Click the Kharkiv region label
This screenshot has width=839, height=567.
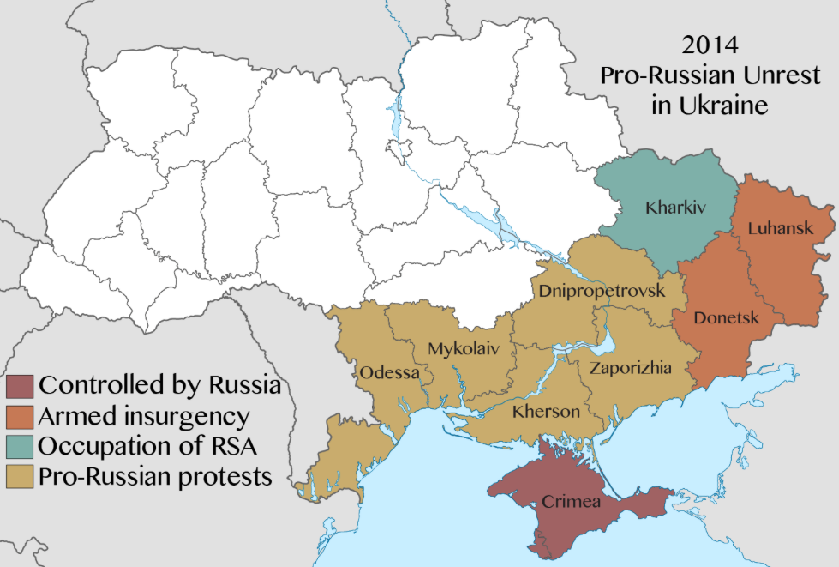pyautogui.click(x=669, y=208)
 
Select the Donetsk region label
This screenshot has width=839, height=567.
pyautogui.click(x=726, y=318)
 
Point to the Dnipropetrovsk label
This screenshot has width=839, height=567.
pyautogui.click(x=602, y=291)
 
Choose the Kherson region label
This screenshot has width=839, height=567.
pyautogui.click(x=546, y=412)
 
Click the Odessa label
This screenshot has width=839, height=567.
pyautogui.click(x=390, y=373)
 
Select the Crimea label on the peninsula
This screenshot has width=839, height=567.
pyautogui.click(x=571, y=501)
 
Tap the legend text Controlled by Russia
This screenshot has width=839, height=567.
pyautogui.click(x=159, y=385)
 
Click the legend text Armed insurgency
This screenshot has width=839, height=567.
pyautogui.click(x=143, y=417)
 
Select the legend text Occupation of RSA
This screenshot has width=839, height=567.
pyautogui.click(x=148, y=446)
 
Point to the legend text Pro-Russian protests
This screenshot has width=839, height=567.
pyautogui.click(x=155, y=476)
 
